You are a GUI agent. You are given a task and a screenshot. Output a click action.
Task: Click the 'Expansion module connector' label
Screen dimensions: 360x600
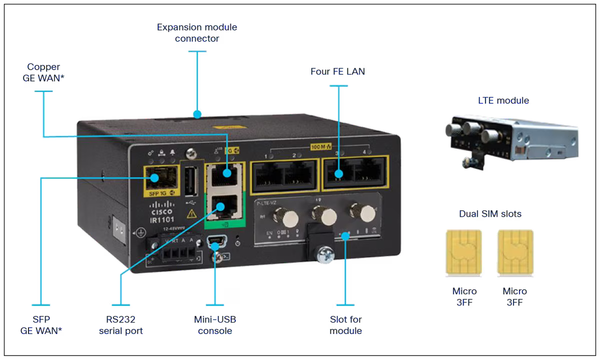[x=197, y=33]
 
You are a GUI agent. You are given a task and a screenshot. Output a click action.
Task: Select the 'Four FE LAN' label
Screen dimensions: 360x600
[x=338, y=72]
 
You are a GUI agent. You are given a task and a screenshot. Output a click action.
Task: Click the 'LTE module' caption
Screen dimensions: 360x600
[x=503, y=101]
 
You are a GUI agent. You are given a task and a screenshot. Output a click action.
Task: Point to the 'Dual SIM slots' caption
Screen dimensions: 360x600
[x=490, y=214]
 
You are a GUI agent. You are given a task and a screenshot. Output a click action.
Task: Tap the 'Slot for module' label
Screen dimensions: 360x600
[x=346, y=325]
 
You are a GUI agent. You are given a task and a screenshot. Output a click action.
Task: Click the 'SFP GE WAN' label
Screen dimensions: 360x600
[x=41, y=325]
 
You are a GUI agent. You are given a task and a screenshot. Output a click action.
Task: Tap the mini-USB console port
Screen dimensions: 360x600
[x=215, y=243]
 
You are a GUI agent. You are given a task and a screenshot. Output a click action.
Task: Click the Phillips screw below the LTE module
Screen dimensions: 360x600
[x=324, y=254]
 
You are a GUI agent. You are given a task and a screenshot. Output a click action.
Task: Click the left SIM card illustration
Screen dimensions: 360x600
[x=463, y=253]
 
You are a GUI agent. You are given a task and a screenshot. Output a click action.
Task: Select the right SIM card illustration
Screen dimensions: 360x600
[x=515, y=253]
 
